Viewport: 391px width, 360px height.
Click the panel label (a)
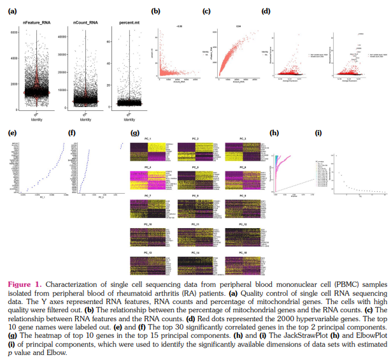(x=11, y=11)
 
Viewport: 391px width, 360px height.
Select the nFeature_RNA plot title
(x=37, y=24)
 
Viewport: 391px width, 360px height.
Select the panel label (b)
(x=155, y=11)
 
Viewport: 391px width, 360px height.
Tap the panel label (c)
(x=206, y=11)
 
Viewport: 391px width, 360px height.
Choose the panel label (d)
(x=266, y=11)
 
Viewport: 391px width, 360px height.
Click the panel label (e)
(x=11, y=133)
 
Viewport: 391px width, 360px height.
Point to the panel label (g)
(x=134, y=133)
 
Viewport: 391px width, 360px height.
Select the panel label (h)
(x=274, y=133)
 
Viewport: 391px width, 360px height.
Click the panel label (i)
(x=318, y=133)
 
